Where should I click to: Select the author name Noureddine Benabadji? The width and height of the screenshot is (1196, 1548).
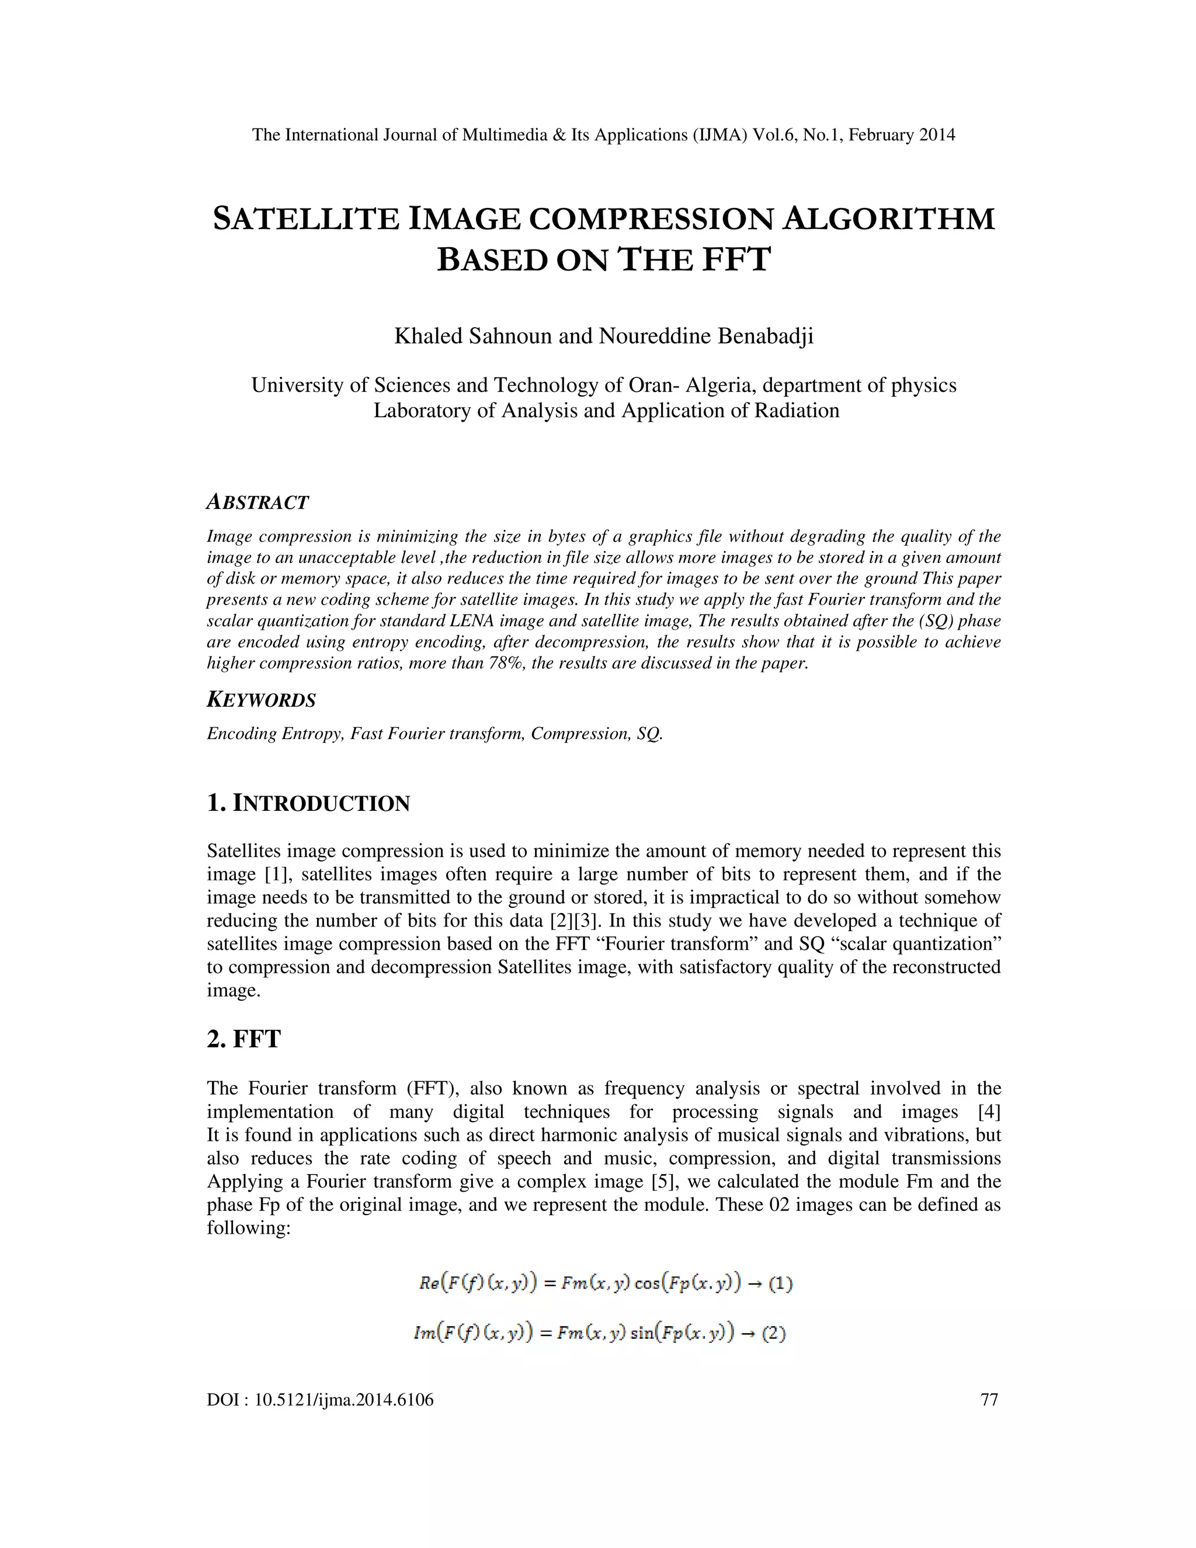[705, 335]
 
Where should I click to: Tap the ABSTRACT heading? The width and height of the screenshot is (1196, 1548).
[257, 502]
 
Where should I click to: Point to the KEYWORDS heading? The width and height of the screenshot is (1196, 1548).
[260, 700]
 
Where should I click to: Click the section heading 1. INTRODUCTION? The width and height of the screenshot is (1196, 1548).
[308, 803]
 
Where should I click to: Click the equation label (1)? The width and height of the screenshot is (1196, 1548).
[780, 1282]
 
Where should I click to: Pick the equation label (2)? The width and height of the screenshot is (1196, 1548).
[774, 1332]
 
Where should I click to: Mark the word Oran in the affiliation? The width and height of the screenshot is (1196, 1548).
[646, 385]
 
